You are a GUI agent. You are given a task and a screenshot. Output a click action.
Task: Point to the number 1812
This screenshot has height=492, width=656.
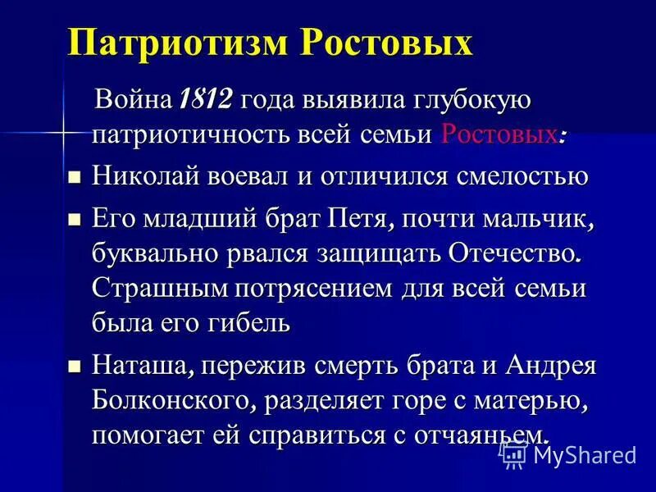pyautogui.click(x=205, y=102)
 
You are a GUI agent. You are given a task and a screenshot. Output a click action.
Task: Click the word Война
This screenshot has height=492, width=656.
pyautogui.click(x=132, y=102)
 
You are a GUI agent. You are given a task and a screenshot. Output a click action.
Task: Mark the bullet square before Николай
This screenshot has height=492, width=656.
pyautogui.click(x=74, y=177)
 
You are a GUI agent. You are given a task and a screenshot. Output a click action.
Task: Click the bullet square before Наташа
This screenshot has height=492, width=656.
pyautogui.click(x=74, y=366)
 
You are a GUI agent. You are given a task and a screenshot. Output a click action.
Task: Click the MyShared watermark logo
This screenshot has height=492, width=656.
pyautogui.click(x=569, y=453)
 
